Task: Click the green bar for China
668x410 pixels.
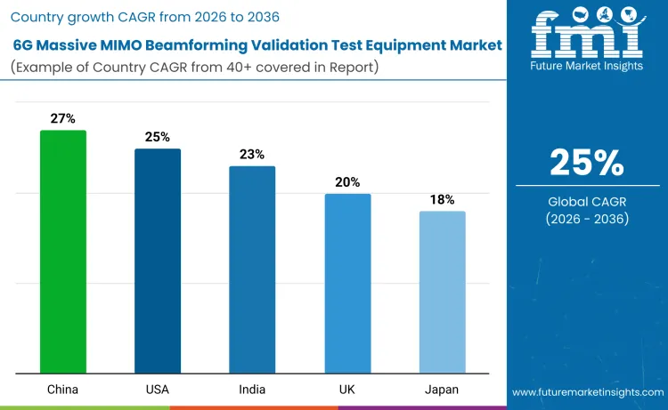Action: tap(63, 252)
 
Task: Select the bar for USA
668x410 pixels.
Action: tap(158, 261)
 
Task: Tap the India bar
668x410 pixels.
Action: tap(252, 269)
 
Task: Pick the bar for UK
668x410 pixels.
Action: tap(347, 284)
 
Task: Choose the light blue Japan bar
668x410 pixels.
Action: tap(442, 293)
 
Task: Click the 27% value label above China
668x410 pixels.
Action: tap(63, 118)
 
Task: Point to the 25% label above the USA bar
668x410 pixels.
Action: tap(158, 136)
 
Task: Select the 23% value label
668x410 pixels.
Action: tap(252, 154)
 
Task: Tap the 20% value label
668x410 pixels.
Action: tap(347, 181)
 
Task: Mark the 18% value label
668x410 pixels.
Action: tap(442, 199)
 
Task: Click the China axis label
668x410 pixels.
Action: tap(63, 390)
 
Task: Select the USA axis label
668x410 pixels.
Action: tap(158, 390)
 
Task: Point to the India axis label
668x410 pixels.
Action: tap(252, 390)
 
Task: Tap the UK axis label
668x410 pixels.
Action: tap(347, 390)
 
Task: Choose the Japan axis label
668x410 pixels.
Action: tap(442, 390)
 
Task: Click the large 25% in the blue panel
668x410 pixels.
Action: tap(587, 163)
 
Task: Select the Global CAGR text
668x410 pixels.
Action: tap(587, 202)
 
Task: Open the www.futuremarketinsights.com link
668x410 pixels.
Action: tap(588, 391)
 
